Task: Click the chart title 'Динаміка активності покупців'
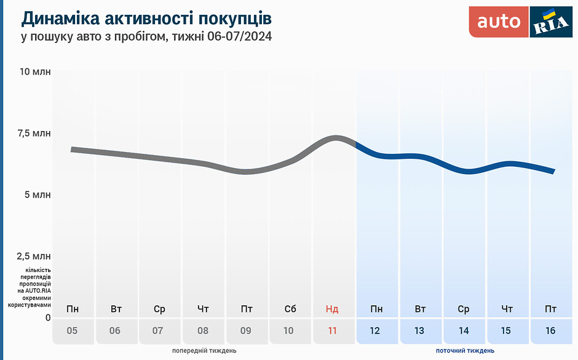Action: tap(146, 18)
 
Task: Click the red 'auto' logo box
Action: tap(499, 22)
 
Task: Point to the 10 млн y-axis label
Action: tap(35, 72)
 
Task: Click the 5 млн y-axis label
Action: tap(38, 195)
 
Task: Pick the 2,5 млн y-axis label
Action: tap(34, 256)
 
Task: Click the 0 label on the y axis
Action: tap(48, 318)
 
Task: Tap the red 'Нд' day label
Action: tap(332, 309)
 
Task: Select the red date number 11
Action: tap(333, 330)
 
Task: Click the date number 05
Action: tap(72, 330)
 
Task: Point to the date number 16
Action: tap(550, 330)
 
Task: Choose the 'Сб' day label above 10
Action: tap(290, 309)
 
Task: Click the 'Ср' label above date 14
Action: tap(464, 309)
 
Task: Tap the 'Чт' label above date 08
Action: tap(203, 309)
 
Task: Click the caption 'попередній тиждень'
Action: tap(204, 351)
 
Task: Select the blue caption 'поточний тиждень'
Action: tap(465, 351)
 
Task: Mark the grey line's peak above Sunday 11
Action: tap(336, 138)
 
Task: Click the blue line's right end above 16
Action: tap(553, 171)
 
